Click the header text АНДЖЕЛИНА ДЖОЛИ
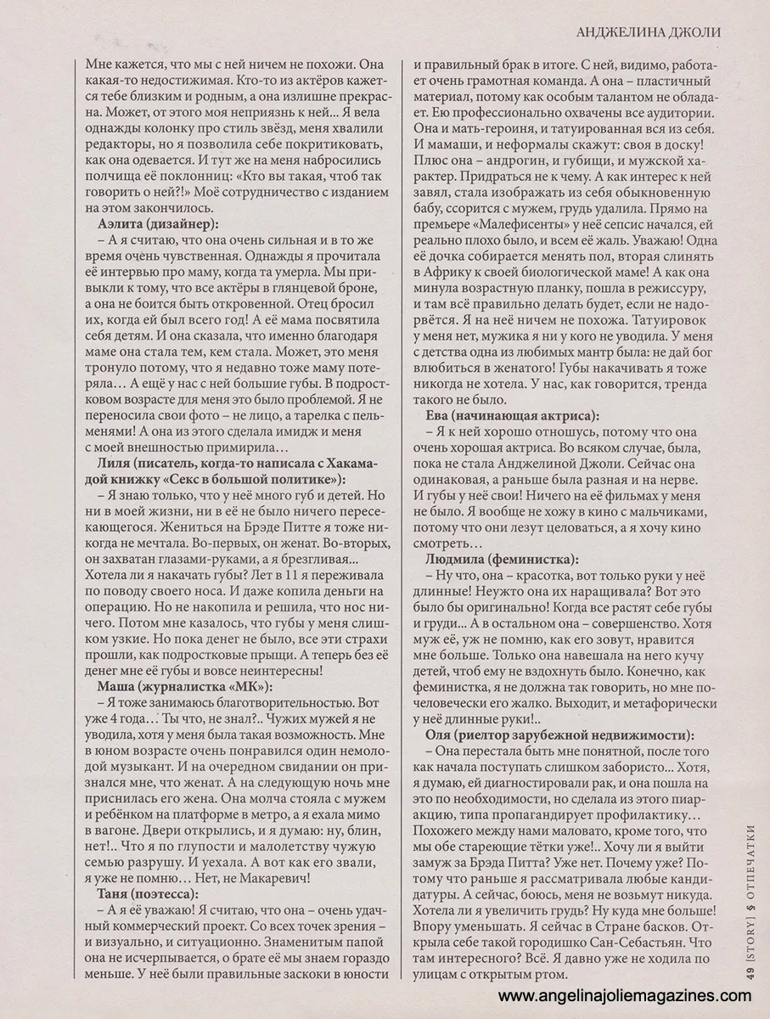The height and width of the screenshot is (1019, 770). (x=648, y=32)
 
